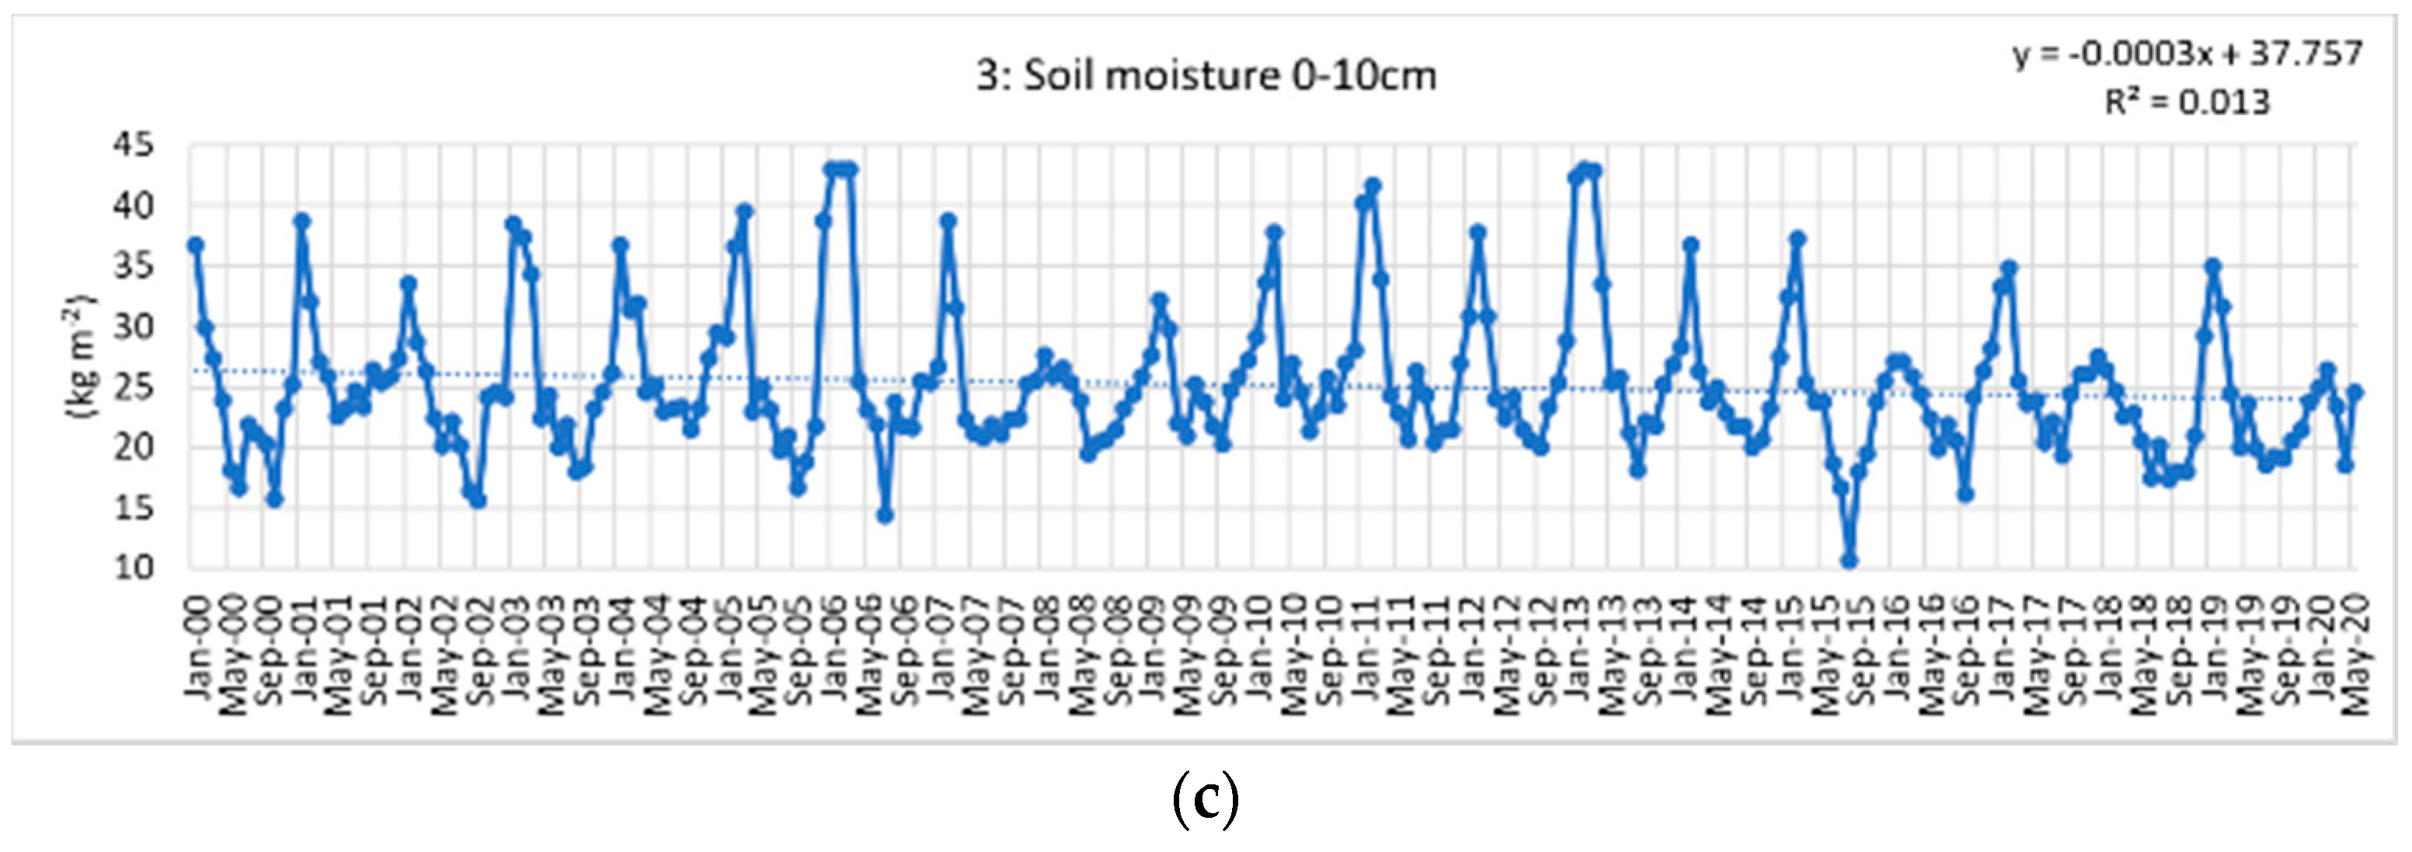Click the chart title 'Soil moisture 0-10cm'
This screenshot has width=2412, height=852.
1206,75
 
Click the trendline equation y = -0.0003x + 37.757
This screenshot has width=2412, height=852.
2187,54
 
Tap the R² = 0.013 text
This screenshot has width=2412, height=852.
2187,101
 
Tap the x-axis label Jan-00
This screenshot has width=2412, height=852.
197,646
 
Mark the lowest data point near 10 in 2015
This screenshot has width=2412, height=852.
1849,560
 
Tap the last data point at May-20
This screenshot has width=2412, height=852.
2356,393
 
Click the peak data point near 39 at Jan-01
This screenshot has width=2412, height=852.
302,221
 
